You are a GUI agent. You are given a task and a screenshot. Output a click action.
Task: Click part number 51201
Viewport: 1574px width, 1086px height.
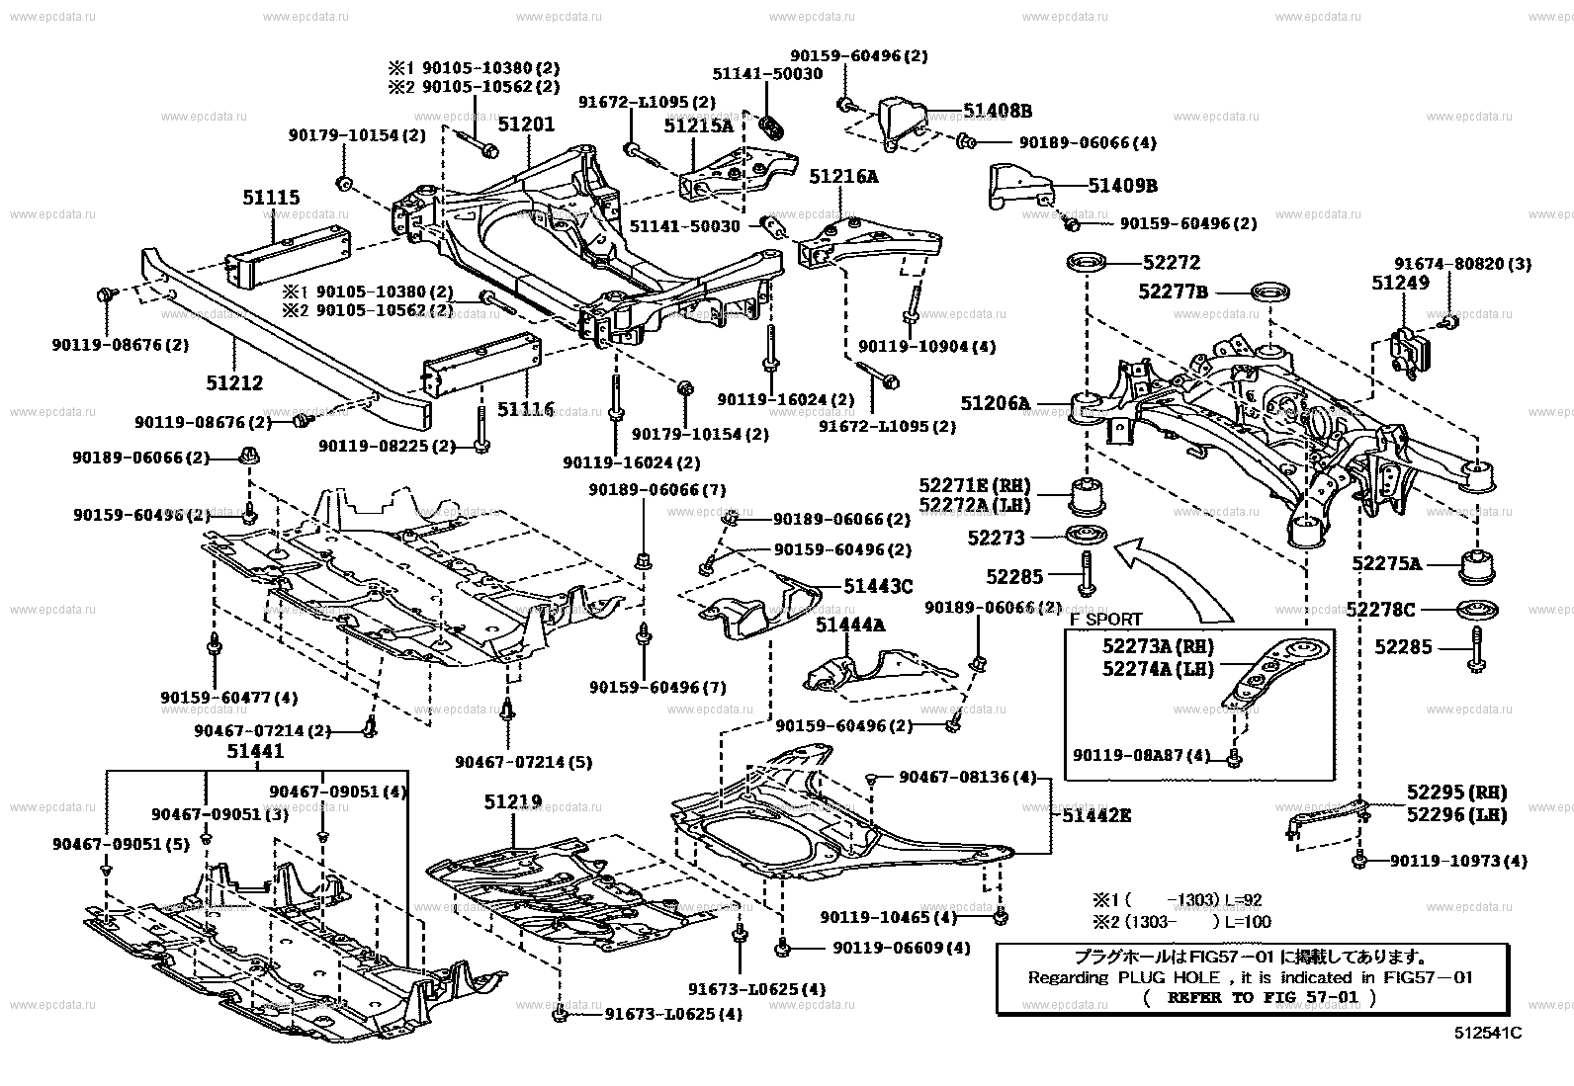[526, 125]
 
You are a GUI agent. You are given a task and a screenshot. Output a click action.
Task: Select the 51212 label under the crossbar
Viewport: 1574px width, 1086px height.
[233, 382]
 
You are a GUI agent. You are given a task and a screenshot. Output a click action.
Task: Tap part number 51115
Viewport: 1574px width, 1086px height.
[271, 199]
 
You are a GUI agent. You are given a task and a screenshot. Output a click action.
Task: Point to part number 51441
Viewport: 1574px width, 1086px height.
[255, 751]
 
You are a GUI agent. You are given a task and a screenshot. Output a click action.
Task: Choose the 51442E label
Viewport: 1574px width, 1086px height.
[1096, 815]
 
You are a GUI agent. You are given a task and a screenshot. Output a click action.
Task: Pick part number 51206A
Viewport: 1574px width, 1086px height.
[995, 403]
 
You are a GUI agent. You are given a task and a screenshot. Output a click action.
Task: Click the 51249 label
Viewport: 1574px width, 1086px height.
[1400, 283]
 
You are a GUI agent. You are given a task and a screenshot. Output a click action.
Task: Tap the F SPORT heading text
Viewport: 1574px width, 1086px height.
[1105, 620]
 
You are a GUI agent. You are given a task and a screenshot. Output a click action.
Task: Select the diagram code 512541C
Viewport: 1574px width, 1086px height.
[1487, 1034]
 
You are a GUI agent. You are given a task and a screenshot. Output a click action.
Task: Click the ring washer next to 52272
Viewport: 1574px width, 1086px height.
[1088, 263]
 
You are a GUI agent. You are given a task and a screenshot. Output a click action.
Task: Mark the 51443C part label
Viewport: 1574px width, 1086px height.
[878, 586]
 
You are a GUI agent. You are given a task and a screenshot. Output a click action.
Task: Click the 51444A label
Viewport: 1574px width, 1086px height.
[850, 625]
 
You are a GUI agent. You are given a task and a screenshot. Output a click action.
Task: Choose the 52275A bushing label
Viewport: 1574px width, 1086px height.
[1386, 564]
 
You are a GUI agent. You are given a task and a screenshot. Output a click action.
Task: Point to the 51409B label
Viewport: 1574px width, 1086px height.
[1122, 185]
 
